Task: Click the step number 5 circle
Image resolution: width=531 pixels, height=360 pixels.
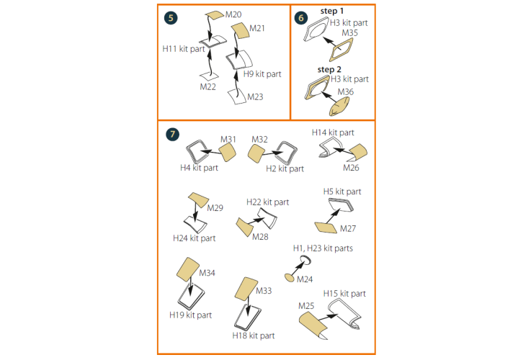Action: tap(171, 18)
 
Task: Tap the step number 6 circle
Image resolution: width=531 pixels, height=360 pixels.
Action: tap(301, 18)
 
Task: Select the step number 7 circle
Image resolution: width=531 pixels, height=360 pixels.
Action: tap(172, 135)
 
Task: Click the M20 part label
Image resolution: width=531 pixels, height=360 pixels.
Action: tap(233, 14)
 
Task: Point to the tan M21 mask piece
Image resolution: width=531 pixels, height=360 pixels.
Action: tap(241, 30)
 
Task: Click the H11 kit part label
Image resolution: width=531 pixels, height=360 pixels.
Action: tap(184, 49)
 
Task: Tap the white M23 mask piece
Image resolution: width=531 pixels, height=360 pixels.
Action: tap(237, 96)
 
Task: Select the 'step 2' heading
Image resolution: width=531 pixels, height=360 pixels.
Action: tap(329, 70)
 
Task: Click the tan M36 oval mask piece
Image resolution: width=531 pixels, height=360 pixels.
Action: tap(339, 107)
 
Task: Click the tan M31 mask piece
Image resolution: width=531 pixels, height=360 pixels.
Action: tap(227, 152)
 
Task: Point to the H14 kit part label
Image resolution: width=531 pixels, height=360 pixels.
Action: tap(333, 132)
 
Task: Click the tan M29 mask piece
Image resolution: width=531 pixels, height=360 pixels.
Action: tap(198, 199)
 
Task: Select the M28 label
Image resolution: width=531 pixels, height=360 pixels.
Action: tap(260, 237)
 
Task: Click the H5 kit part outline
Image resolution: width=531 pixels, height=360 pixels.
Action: tap(341, 204)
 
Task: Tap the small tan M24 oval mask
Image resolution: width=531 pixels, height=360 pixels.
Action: tap(289, 278)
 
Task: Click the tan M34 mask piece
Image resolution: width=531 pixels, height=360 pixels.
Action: tap(188, 269)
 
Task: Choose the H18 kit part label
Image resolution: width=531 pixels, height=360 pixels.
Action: tap(254, 336)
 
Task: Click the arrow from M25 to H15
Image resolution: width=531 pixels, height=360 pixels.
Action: tap(328, 318)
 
